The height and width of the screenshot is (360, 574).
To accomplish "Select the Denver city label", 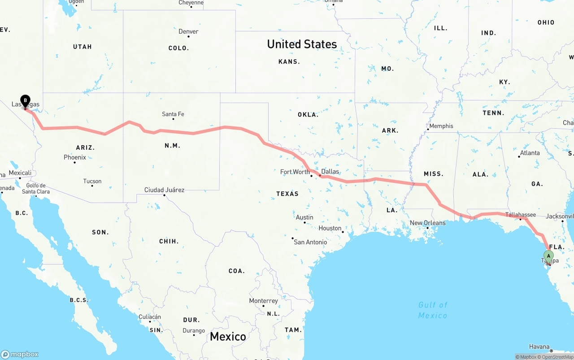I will click(188, 32).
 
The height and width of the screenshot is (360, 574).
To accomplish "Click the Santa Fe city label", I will click(173, 114).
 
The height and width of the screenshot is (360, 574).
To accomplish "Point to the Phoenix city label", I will click(75, 157).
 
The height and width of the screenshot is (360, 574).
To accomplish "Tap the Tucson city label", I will click(92, 182).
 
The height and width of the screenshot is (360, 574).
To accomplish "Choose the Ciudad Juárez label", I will click(164, 190).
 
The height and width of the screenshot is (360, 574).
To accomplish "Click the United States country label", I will click(302, 44).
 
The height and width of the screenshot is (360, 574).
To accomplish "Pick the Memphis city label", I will click(441, 126).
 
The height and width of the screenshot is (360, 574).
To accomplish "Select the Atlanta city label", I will click(530, 153).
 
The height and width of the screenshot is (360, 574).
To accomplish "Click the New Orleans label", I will click(428, 223).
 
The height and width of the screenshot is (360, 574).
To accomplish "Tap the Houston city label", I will click(330, 228).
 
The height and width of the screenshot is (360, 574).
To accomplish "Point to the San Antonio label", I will click(310, 242).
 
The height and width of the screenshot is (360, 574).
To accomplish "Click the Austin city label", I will click(304, 217).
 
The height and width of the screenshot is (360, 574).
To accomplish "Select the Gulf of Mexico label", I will click(433, 310).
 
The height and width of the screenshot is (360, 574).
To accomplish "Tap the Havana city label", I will click(539, 347).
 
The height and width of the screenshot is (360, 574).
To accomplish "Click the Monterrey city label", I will click(263, 301).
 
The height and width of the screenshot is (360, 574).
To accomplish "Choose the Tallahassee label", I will click(520, 215).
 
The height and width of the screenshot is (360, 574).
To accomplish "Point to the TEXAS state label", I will click(287, 194).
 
